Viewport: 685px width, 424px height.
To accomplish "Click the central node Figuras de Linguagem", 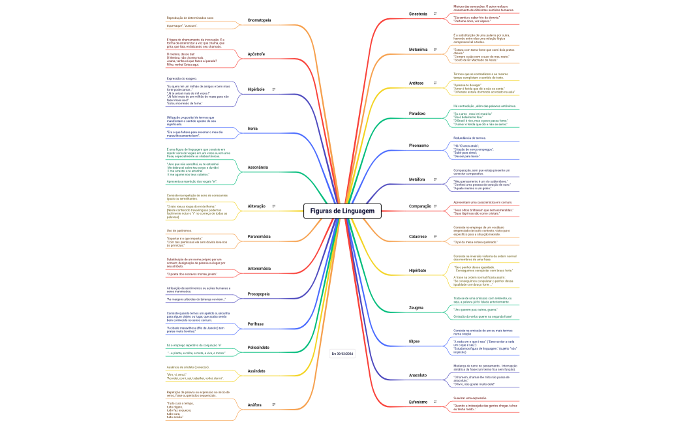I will [342, 211].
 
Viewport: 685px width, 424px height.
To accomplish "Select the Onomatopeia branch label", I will [259, 20].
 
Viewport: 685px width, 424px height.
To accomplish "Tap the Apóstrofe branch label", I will [256, 53].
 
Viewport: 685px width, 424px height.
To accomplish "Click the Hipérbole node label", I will [256, 89].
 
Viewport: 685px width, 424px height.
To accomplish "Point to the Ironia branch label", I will [252, 129].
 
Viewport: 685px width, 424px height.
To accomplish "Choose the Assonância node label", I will [258, 168].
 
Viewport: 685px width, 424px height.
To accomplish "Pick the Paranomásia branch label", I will [259, 236].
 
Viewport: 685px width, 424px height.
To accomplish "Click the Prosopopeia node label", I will [258, 294].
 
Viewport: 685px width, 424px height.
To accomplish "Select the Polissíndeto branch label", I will [258, 347].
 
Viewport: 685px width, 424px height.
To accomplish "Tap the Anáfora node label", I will [254, 405].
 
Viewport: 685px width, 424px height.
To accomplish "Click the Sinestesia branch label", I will [418, 14].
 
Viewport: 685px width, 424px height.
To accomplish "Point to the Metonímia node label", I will [418, 50].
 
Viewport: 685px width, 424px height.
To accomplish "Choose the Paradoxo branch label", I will [417, 114].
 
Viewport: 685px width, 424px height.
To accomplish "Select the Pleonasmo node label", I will [418, 145].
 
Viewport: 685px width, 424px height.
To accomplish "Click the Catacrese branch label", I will [418, 236].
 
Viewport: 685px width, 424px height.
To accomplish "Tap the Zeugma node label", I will [416, 307].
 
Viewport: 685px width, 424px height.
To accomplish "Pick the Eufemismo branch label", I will [418, 402].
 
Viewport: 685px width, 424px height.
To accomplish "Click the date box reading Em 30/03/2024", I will [342, 354].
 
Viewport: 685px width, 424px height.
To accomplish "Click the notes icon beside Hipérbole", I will [274, 89].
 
